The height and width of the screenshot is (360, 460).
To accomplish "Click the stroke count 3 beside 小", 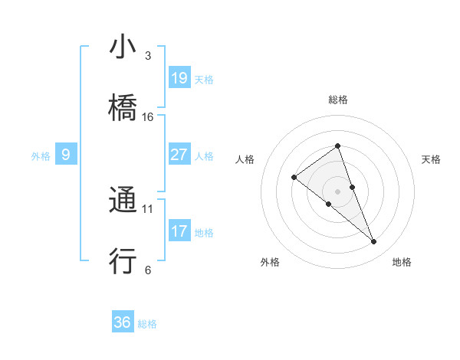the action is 147,57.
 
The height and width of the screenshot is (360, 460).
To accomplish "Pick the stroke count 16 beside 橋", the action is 148,117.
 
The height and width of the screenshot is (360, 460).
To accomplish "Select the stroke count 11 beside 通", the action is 148,208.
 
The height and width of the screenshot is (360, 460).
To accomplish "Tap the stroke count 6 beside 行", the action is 147,270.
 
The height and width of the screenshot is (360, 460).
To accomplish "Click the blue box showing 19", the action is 179,78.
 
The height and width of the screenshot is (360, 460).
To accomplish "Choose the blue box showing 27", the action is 179,155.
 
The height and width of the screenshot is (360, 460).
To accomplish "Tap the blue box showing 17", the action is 179,231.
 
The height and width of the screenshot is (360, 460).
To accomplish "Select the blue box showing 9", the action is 66,155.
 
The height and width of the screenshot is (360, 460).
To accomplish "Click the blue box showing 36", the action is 123,322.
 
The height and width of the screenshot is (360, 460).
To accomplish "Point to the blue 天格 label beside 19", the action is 204,80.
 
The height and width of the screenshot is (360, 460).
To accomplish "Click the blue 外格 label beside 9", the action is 41,156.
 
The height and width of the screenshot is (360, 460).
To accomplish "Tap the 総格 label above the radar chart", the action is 338,100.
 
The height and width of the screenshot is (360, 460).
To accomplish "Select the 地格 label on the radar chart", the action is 402,263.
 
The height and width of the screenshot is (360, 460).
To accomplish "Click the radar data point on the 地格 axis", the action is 373,242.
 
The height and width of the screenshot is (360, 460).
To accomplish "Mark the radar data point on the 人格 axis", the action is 294,178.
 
